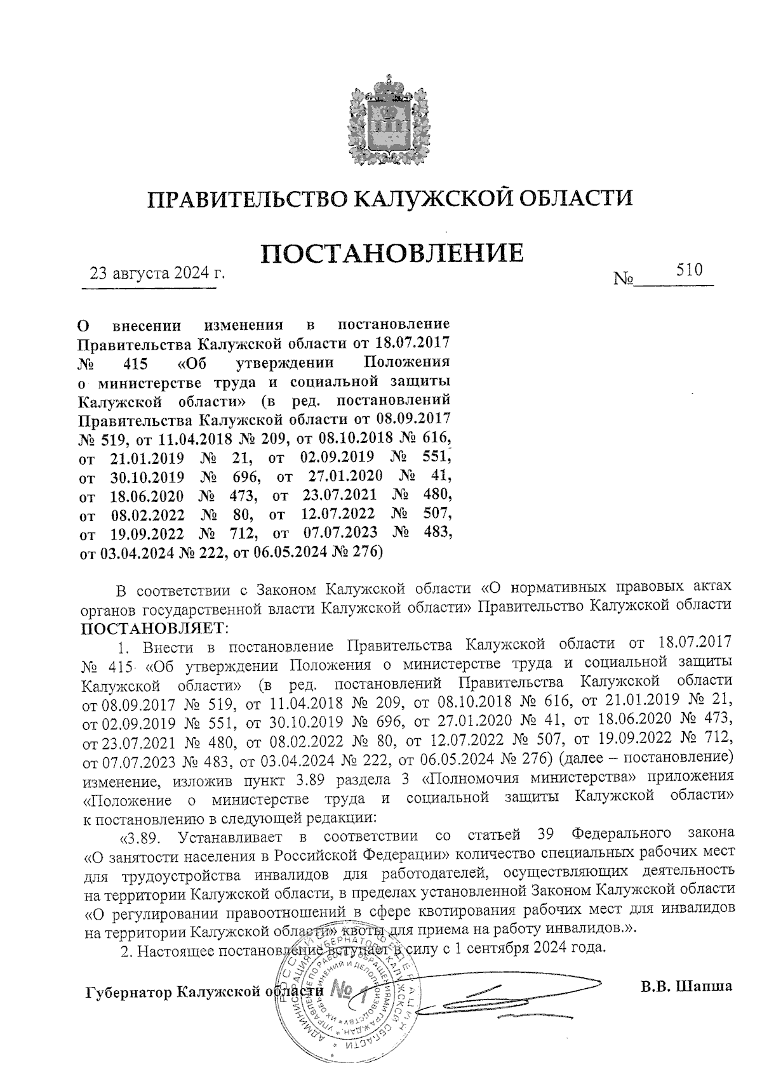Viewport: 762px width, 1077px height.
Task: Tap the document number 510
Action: click(x=689, y=270)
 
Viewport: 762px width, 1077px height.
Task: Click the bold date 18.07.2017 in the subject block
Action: click(x=413, y=343)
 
